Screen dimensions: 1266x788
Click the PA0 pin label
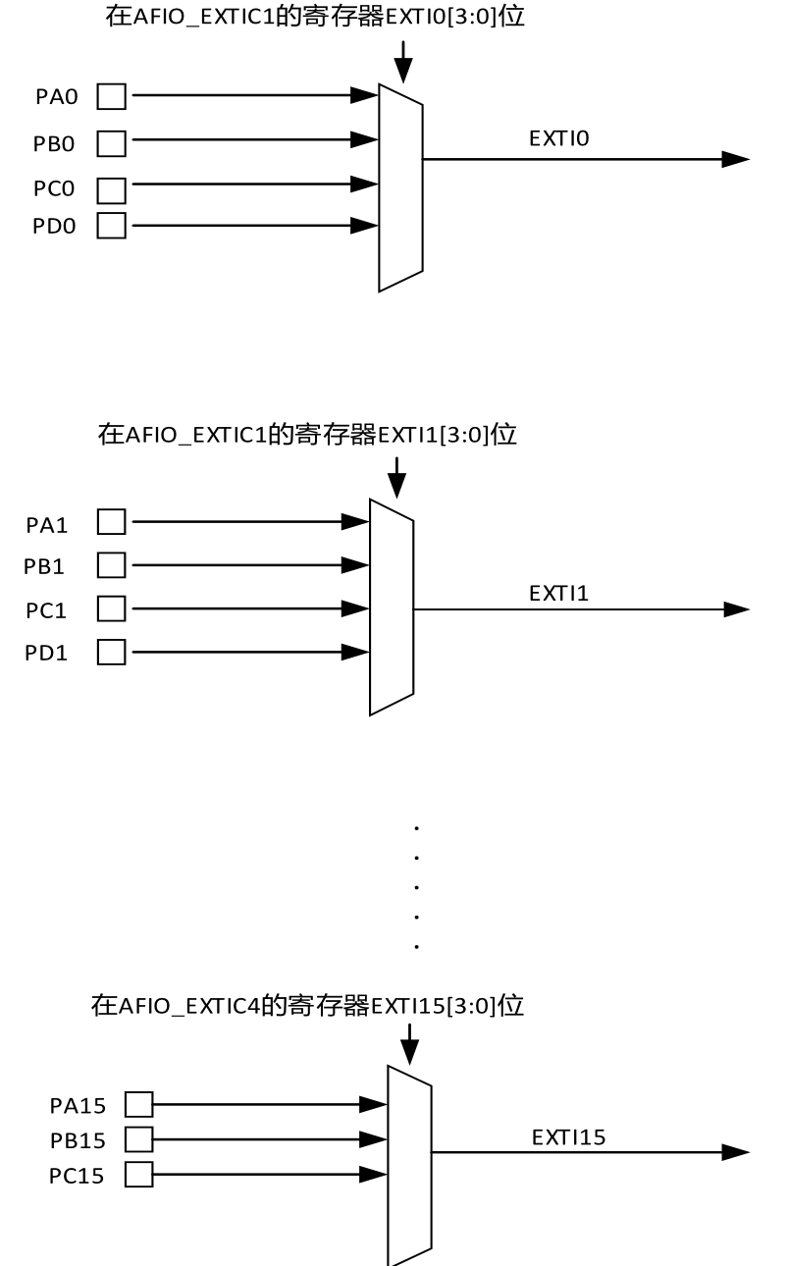(56, 97)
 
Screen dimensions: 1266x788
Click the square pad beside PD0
(112, 226)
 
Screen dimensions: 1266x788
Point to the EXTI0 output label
(558, 139)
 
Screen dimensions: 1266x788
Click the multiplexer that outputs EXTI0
(400, 186)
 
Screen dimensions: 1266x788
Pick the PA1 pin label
(47, 525)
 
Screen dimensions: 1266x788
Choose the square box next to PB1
(112, 565)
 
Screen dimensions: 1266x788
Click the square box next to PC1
(112, 609)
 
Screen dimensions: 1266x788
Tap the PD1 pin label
(46, 653)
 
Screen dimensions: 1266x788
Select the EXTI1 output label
(558, 593)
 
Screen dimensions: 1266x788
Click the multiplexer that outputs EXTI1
(391, 607)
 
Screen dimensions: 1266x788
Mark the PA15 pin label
(78, 1106)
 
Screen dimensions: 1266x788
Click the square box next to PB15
(139, 1139)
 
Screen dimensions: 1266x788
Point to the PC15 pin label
(77, 1176)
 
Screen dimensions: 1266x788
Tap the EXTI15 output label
(569, 1137)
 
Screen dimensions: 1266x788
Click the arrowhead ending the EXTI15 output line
(736, 1153)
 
